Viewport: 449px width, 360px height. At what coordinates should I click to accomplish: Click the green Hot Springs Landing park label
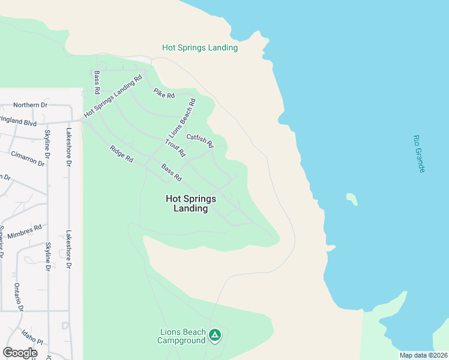[200, 47]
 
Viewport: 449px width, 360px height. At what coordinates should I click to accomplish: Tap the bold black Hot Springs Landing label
[190, 203]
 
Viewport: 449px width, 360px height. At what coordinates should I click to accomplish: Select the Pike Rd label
[163, 94]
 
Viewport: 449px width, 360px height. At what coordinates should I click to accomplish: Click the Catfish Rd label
[200, 141]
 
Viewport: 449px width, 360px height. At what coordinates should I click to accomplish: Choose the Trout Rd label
[175, 148]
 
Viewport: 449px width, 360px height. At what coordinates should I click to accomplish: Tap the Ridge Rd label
[121, 154]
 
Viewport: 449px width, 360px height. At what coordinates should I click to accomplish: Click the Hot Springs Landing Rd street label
[113, 95]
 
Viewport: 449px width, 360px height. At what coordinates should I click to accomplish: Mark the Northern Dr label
[30, 105]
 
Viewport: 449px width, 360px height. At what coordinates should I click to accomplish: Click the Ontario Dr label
[19, 297]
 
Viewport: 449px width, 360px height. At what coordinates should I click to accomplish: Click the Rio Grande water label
[418, 154]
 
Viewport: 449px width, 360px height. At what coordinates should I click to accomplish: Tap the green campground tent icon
[215, 335]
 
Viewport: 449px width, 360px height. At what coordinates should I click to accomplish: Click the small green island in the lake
[352, 199]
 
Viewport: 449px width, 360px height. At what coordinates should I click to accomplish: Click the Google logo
[20, 353]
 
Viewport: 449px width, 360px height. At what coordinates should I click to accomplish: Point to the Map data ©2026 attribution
[424, 355]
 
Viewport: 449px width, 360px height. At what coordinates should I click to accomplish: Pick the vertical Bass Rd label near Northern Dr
[97, 83]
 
